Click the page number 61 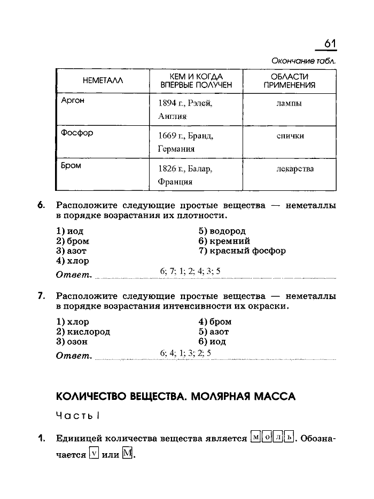click(330, 45)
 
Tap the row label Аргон click(73, 100)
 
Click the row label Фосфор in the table click(77, 133)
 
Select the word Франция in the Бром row click(175, 182)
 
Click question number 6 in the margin click(41, 205)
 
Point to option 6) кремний click(224, 241)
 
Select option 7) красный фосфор click(241, 251)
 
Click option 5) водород click(222, 231)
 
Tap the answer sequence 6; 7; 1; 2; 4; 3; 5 click(190, 271)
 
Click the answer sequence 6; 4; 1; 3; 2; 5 click(185, 353)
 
